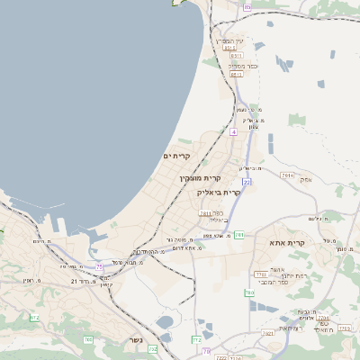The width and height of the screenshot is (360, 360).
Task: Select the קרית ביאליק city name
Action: click(222, 192)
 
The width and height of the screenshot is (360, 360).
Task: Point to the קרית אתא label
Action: click(288, 243)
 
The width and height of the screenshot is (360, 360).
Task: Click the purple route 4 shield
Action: click(233, 131)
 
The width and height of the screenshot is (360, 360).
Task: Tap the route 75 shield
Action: click(100, 267)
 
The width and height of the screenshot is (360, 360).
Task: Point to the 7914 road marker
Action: click(287, 175)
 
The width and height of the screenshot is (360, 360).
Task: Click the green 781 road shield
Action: click(239, 235)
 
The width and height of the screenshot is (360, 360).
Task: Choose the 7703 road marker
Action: click(323, 319)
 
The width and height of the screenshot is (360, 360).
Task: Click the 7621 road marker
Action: click(267, 334)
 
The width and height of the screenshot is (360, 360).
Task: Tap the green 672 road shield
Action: click(35, 318)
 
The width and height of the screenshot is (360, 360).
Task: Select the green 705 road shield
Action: click(87, 339)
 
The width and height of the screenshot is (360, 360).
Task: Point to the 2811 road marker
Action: click(205, 213)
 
